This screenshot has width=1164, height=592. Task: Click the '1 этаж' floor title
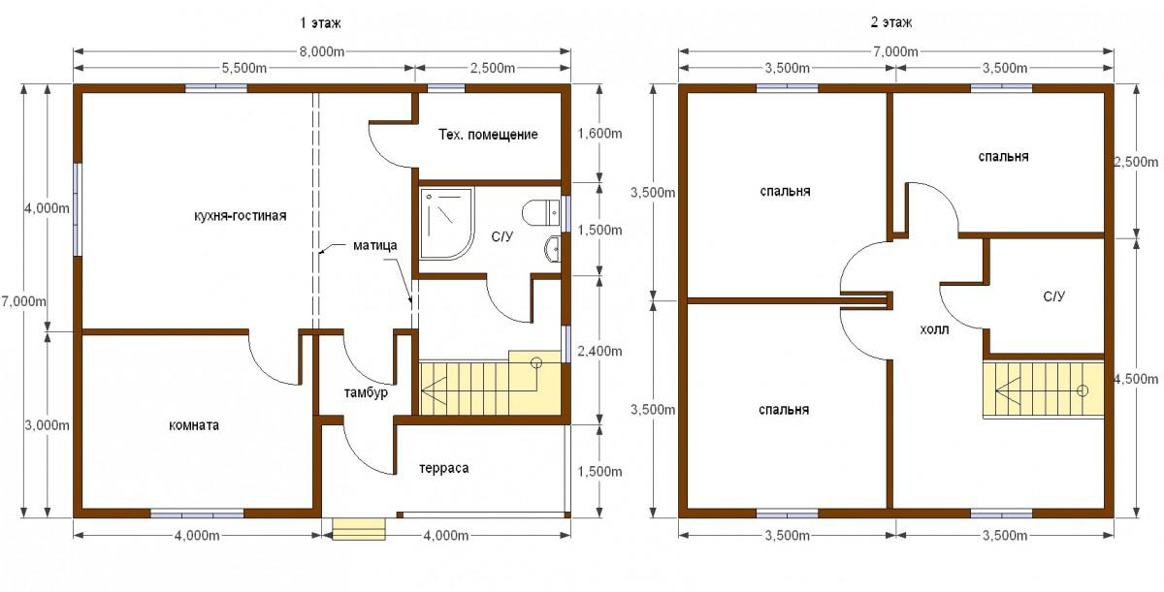pos(321,23)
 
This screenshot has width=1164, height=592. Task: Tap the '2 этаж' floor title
pos(891,23)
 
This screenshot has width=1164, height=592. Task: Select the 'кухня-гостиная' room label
pos(241,216)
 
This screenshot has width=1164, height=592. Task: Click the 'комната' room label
pos(194,425)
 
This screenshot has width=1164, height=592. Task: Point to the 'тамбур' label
pos(366,392)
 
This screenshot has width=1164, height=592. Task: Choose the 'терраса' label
pos(444,469)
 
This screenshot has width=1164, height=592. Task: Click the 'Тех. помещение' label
pos(488,135)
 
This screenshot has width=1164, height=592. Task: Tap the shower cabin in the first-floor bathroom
pos(447,224)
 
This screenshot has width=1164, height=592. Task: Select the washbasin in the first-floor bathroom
pos(553,249)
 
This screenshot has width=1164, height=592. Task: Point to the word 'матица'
pos(374,245)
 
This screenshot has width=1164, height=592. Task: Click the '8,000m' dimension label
pos(322,51)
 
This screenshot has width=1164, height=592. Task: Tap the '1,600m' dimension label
pos(599,134)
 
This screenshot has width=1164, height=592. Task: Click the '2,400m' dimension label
pos(599,352)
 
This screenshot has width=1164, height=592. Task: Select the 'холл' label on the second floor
pos(934,329)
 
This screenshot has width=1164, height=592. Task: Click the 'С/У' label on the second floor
pos(1053,296)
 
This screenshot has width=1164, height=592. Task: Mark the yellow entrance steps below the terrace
pos(359,529)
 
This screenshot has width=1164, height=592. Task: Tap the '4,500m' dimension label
pos(1136,379)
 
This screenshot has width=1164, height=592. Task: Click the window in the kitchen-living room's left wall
pos(77,209)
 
